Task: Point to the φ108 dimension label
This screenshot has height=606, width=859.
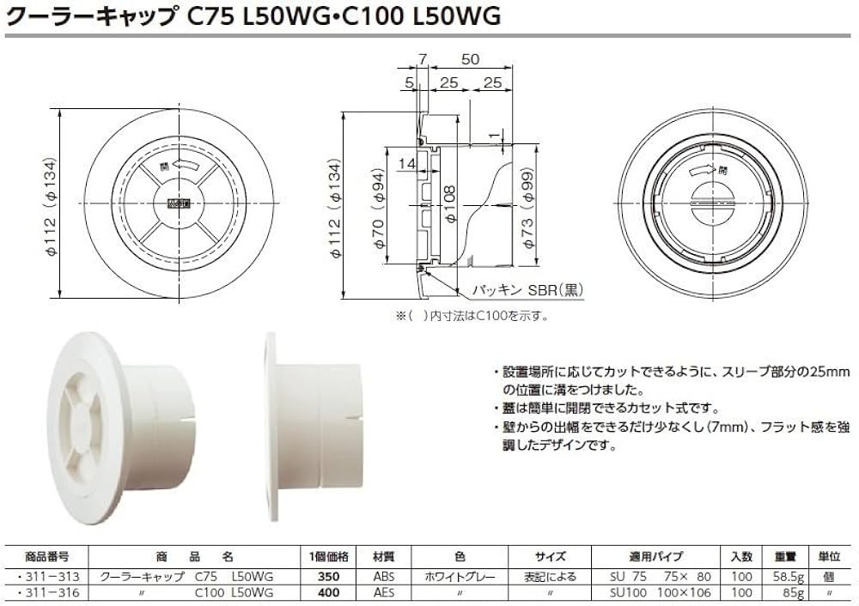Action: [x=450, y=206]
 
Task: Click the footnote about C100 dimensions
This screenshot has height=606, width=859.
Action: [x=472, y=316]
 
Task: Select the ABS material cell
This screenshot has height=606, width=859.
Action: [x=384, y=577]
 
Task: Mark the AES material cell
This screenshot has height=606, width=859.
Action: [x=384, y=592]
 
